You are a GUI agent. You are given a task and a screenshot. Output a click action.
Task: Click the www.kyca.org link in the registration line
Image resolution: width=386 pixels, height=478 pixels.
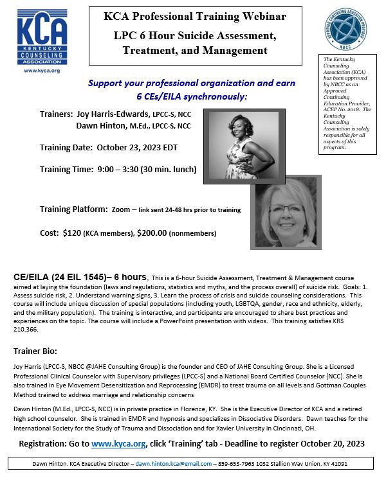(x=118, y=443)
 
